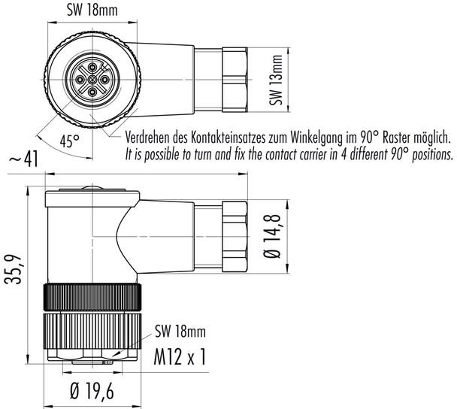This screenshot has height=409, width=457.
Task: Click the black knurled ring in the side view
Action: tap(90, 298)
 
